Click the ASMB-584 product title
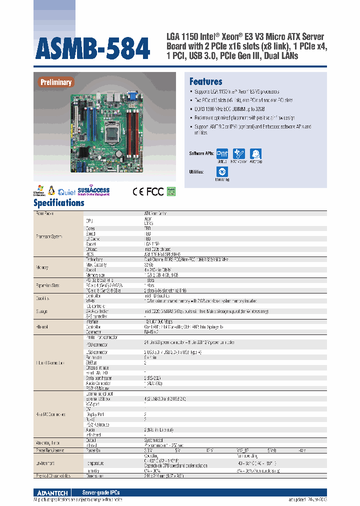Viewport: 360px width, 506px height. [93, 48]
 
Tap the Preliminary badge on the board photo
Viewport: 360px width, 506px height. [56, 82]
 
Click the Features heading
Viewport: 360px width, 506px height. [205, 81]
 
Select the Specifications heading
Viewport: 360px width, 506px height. [59, 203]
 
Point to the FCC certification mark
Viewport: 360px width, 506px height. [155, 191]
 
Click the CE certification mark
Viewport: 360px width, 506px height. [138, 191]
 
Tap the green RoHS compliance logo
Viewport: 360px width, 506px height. [171, 191]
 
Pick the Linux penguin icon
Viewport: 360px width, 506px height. [51, 190]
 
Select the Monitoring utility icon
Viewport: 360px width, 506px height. [222, 172]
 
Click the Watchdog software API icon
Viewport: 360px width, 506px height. [256, 154]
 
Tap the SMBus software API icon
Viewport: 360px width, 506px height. [222, 154]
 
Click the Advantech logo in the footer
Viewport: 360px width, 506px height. [52, 492]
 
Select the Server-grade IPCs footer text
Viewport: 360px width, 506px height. [101, 492]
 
